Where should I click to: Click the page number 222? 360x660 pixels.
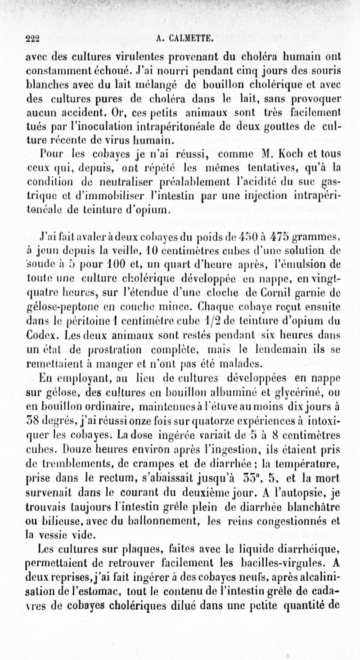click(32, 39)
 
